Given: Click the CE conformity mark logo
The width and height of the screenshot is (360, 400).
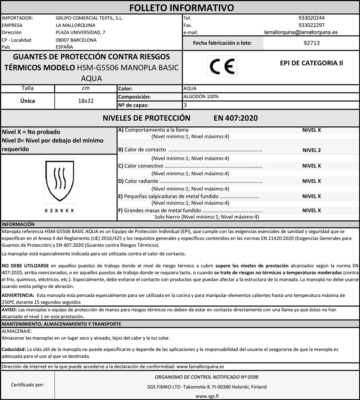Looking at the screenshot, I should (222, 66).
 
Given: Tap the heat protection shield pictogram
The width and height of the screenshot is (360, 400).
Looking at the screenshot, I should (60, 181).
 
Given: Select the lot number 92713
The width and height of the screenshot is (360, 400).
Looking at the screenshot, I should (311, 43).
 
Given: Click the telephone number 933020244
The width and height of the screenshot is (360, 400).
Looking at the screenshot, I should (311, 18).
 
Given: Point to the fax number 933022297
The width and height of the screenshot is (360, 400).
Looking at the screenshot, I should (311, 25).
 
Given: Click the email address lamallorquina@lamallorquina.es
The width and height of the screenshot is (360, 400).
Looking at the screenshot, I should (301, 32).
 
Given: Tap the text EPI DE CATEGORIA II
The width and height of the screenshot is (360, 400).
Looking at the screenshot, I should (311, 63).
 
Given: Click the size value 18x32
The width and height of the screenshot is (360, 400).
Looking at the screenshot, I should (86, 101).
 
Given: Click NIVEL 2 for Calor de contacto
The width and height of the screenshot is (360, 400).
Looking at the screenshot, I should (311, 150).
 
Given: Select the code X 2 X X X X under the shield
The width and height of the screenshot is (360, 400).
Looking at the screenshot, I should (59, 210).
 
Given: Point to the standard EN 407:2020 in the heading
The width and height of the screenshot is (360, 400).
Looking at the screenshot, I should (235, 118).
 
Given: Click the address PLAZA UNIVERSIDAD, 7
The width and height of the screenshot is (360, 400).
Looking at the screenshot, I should (81, 32).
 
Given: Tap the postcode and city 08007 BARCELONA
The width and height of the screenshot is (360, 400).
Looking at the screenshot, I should (76, 40).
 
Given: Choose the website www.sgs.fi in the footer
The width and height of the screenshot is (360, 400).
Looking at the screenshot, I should (207, 395).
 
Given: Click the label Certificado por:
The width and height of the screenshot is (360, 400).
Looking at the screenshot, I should (28, 385).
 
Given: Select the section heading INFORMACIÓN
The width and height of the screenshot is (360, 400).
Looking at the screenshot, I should (18, 224).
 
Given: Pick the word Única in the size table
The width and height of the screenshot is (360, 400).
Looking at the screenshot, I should (28, 101).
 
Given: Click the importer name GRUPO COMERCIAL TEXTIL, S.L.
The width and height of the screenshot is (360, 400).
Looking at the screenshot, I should (89, 18).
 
